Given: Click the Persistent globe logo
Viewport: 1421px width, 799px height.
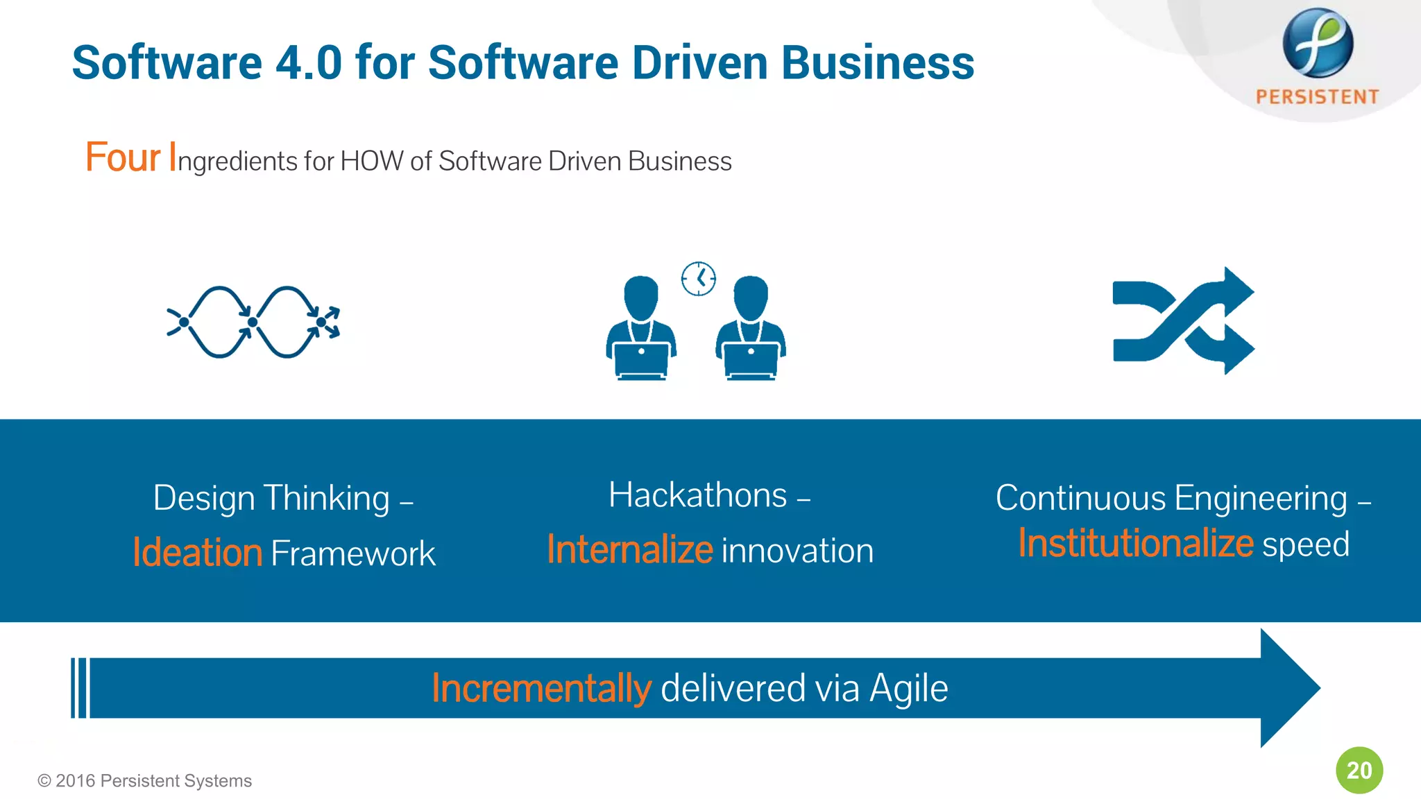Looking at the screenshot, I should click(x=1317, y=43).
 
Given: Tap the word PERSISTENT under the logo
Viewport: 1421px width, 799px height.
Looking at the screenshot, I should click(x=1317, y=97).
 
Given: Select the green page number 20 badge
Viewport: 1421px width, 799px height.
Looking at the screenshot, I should click(x=1359, y=770).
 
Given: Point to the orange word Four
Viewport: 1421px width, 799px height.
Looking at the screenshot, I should click(x=123, y=157).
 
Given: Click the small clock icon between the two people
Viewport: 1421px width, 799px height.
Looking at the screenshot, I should click(x=698, y=279).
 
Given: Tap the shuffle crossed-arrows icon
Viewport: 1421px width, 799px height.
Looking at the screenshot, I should click(x=1183, y=321).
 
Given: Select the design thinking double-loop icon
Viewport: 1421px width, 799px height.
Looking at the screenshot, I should click(x=253, y=322).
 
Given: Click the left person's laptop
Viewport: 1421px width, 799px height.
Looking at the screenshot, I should click(x=641, y=359).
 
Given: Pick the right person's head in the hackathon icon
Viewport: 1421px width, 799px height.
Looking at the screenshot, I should click(x=751, y=297).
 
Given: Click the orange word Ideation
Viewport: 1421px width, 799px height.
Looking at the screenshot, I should click(x=198, y=553).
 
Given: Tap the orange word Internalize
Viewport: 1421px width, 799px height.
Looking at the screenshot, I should click(x=629, y=549).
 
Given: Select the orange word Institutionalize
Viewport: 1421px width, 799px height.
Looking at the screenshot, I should click(x=1136, y=543).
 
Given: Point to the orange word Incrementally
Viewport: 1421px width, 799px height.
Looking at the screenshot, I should click(x=541, y=688).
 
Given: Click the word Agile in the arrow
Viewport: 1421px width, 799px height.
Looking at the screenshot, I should click(x=908, y=688).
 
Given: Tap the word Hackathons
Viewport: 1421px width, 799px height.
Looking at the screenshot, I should click(x=698, y=495).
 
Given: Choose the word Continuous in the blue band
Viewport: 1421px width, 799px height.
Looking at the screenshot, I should click(x=1080, y=498).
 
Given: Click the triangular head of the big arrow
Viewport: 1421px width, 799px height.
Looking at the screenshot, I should click(x=1288, y=688).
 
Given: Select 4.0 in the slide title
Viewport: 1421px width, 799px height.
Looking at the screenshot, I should click(x=309, y=62).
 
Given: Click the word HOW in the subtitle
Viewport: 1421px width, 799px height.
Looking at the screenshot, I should click(x=372, y=161).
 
